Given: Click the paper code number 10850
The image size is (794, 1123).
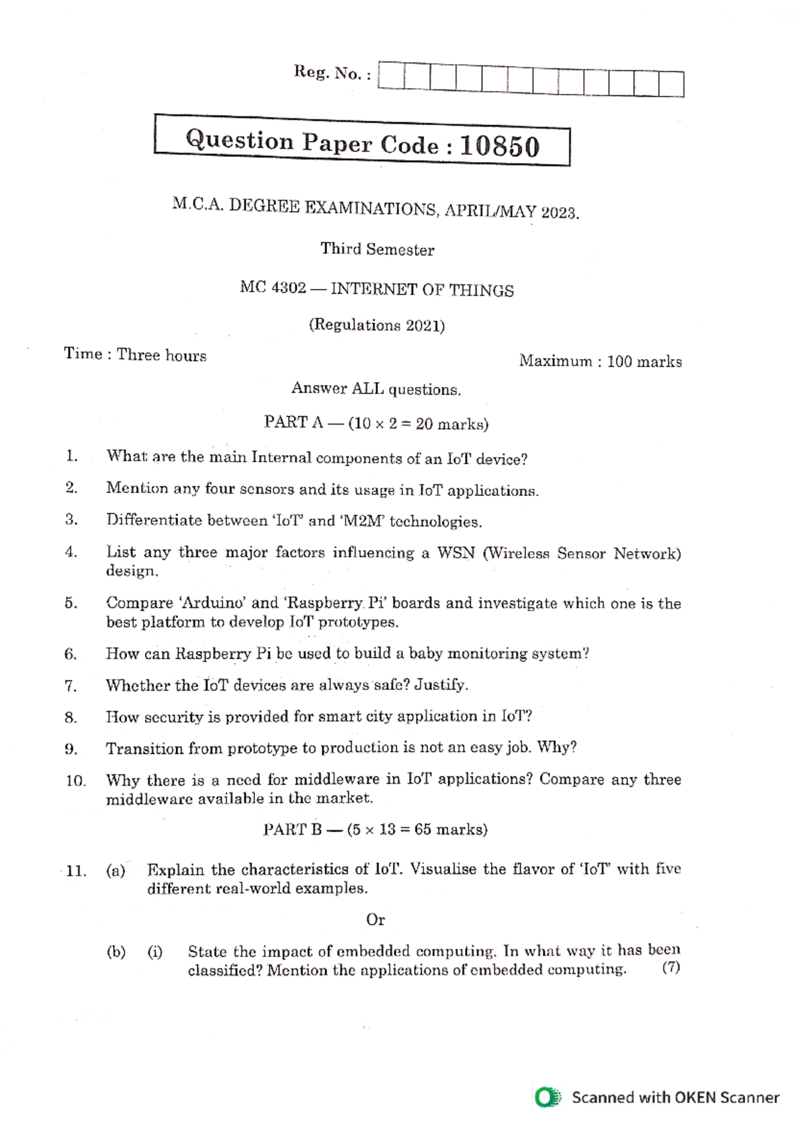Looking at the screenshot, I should tap(500, 146).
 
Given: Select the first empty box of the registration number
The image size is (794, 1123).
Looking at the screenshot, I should tap(391, 77).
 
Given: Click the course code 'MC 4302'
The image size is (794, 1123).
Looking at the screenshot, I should tap(273, 288).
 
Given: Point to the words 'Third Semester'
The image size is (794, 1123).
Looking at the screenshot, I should tap(377, 249).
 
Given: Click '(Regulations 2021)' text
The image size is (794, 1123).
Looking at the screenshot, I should tap(376, 325).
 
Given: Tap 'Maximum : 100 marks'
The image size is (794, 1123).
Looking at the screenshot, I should tap(600, 361).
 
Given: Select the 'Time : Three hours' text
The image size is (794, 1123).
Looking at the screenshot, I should tap(135, 354).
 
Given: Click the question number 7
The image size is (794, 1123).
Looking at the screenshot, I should tap(71, 686).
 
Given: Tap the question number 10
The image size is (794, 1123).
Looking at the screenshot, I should tap(75, 781).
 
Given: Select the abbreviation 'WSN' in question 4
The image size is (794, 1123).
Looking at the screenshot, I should tap(456, 553).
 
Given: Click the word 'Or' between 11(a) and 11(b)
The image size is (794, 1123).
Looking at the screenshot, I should tap(375, 919).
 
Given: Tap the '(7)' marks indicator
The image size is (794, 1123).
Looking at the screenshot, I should tap(671, 968).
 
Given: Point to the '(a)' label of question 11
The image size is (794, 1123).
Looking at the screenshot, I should tap(116, 870).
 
